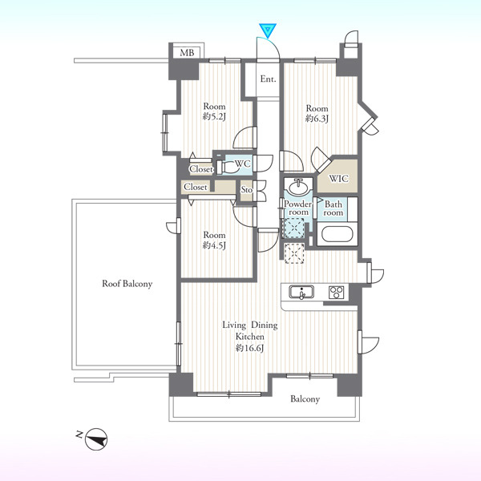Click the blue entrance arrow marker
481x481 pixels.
(268, 30)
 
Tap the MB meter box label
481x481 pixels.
(187, 53)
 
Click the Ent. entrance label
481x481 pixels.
(268, 79)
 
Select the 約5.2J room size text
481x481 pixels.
(214, 117)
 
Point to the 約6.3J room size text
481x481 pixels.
(317, 119)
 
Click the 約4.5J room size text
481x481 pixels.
(214, 245)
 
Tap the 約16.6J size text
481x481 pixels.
(249, 348)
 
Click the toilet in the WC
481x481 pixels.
(227, 167)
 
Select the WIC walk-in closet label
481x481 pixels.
(339, 178)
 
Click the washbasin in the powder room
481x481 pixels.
(298, 187)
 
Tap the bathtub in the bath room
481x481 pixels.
(338, 234)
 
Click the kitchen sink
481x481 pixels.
(301, 292)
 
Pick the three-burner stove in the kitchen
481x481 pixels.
(337, 293)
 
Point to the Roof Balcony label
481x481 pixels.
(127, 284)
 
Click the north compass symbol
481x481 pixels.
(96, 439)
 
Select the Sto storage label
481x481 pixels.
(246, 190)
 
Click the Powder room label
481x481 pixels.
(298, 208)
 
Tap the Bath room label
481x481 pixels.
(333, 208)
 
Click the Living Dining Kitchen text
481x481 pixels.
(250, 330)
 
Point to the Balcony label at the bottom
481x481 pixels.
(305, 399)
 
